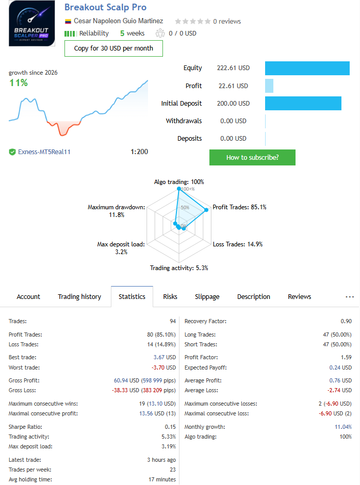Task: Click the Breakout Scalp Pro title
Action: tap(105, 7)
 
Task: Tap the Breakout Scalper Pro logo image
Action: tap(32, 24)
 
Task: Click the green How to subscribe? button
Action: tap(252, 157)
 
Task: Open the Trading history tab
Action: tap(79, 297)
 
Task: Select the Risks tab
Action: tap(170, 297)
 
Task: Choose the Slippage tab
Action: tap(207, 297)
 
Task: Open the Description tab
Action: tap(254, 297)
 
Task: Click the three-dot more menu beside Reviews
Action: tap(350, 297)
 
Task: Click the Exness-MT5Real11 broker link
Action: tap(44, 152)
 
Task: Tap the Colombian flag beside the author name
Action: tap(68, 21)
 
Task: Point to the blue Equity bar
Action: tap(307, 68)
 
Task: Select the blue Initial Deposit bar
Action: tap(303, 103)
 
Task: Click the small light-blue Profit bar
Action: tap(269, 86)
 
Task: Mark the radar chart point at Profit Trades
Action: tap(206, 210)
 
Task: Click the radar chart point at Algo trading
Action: tap(179, 188)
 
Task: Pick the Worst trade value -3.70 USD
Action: tap(163, 367)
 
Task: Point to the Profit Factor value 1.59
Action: tap(346, 357)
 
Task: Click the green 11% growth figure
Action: tap(19, 82)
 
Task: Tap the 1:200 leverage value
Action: tap(139, 152)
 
